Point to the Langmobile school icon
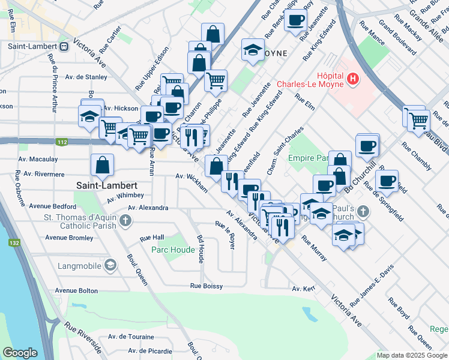[x=110, y=265]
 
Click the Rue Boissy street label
[x=206, y=286]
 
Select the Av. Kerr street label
[x=304, y=289]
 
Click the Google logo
[x=20, y=353]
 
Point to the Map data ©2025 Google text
[x=411, y=355]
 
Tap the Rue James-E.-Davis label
[x=369, y=280]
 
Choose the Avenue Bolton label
[x=76, y=290]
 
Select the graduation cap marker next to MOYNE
[x=253, y=50]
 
